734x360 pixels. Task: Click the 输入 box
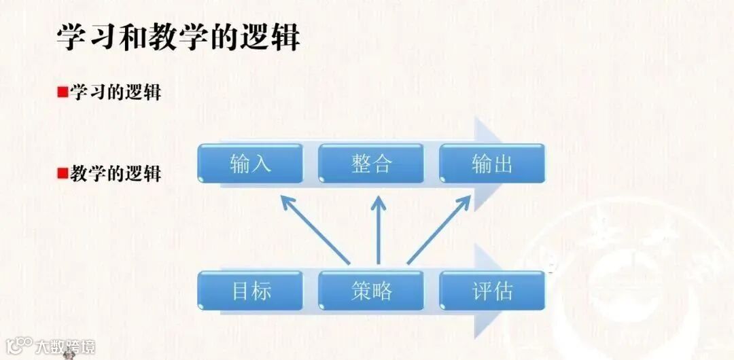click(249, 164)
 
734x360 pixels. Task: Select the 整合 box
click(371, 164)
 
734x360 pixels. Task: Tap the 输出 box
click(492, 164)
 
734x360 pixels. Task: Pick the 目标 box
click(249, 291)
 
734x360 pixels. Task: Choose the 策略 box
click(371, 291)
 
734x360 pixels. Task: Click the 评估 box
click(492, 291)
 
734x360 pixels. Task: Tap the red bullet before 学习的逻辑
click(62, 92)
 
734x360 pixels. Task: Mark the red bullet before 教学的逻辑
click(62, 173)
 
